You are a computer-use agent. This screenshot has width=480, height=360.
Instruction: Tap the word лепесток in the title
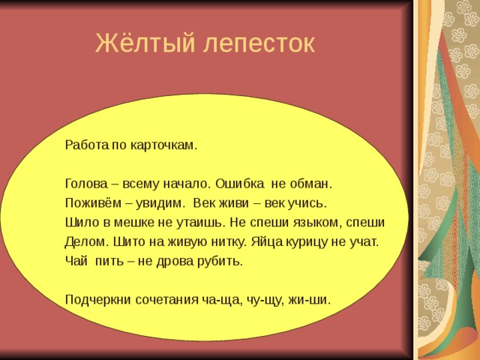tap(259, 44)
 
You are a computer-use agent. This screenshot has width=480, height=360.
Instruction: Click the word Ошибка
tap(239, 183)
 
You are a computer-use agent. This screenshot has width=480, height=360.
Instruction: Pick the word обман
tap(310, 183)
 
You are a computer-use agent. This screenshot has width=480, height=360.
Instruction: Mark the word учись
tap(307, 202)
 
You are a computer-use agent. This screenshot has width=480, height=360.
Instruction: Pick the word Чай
tap(76, 261)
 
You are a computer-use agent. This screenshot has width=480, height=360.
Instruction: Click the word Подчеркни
tap(98, 300)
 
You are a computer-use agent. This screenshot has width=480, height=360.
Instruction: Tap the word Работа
tap(85, 145)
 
